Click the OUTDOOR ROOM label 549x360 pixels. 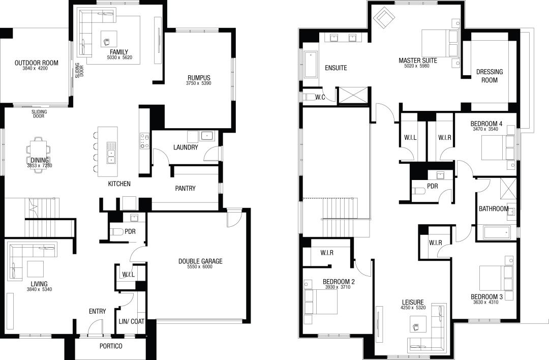tap(36, 63)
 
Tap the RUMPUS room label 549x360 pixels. tap(199, 78)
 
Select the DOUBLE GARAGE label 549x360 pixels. tap(200, 261)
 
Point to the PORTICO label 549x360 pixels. tap(110, 346)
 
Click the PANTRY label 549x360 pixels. tap(185, 189)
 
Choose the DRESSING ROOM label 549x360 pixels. tap(490, 76)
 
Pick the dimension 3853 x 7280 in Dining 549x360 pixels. tap(39, 166)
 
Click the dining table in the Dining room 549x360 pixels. tap(39, 154)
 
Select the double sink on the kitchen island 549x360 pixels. tap(111, 153)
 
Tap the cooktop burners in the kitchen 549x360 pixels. tap(144, 141)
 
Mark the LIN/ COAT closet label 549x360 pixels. tap(131, 321)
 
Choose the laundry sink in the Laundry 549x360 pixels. tap(207, 136)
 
